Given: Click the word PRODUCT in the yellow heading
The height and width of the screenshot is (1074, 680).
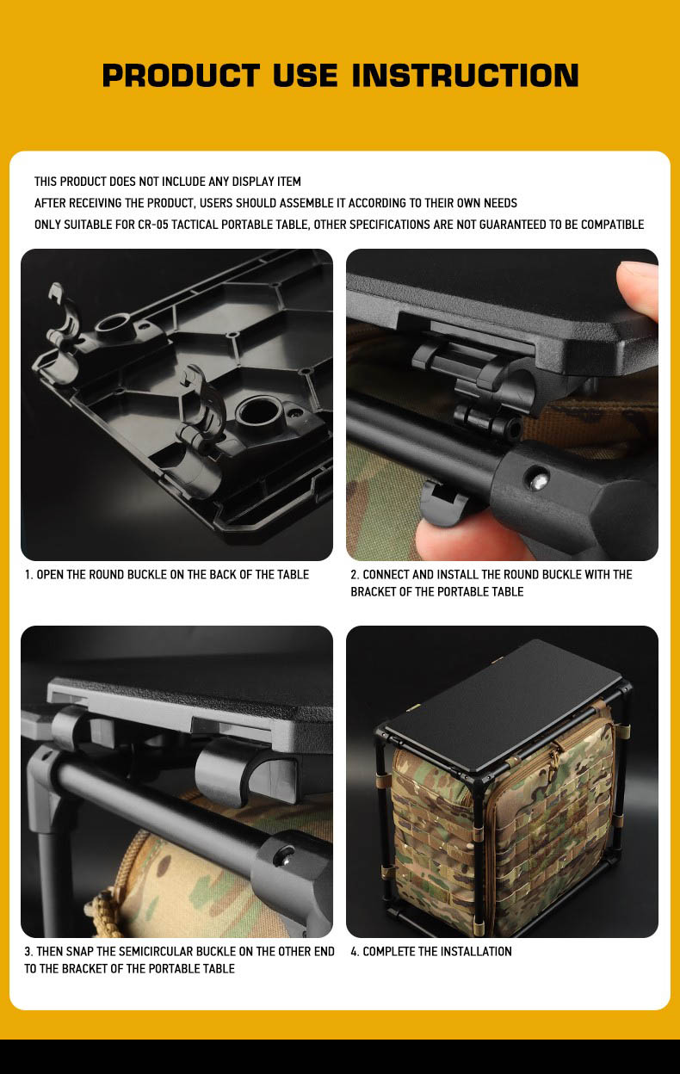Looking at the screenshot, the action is click(181, 75).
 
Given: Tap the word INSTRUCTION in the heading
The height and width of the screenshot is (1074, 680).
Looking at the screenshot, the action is click(465, 75).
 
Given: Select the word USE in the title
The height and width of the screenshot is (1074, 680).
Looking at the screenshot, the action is click(305, 75).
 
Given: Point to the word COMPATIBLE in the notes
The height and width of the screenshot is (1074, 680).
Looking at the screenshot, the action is click(612, 225).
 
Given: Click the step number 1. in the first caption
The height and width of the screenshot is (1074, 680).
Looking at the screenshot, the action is click(29, 574).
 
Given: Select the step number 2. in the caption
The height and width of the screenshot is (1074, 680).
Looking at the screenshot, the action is click(355, 574).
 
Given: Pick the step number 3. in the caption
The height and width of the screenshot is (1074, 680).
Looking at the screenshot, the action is click(29, 951).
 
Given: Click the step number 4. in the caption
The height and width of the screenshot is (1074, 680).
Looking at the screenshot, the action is click(355, 951).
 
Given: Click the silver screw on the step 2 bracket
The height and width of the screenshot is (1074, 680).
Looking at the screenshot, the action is click(539, 481).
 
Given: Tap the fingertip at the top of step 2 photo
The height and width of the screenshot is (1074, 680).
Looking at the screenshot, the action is click(638, 288).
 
